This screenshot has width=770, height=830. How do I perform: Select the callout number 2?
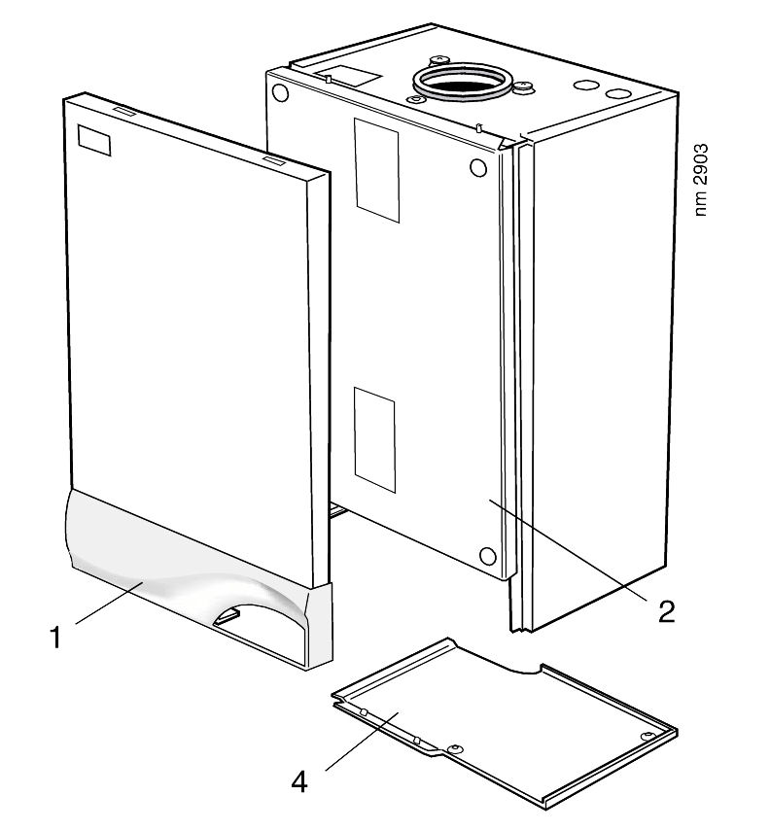coord(665,609)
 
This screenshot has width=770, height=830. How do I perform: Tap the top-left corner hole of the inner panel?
coord(280,94)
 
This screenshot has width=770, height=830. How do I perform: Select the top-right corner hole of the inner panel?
coord(477,167)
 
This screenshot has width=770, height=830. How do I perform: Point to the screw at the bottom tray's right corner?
coord(647,736)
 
